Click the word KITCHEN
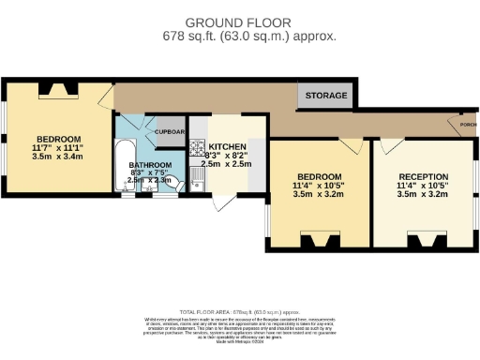[x=228, y=147]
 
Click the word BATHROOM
[x=150, y=165]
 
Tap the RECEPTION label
[x=423, y=176]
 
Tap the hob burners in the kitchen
[x=197, y=147]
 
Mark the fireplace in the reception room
[x=423, y=243]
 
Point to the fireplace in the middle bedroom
[x=321, y=243]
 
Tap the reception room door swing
[x=391, y=146]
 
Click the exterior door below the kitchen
[x=223, y=201]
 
